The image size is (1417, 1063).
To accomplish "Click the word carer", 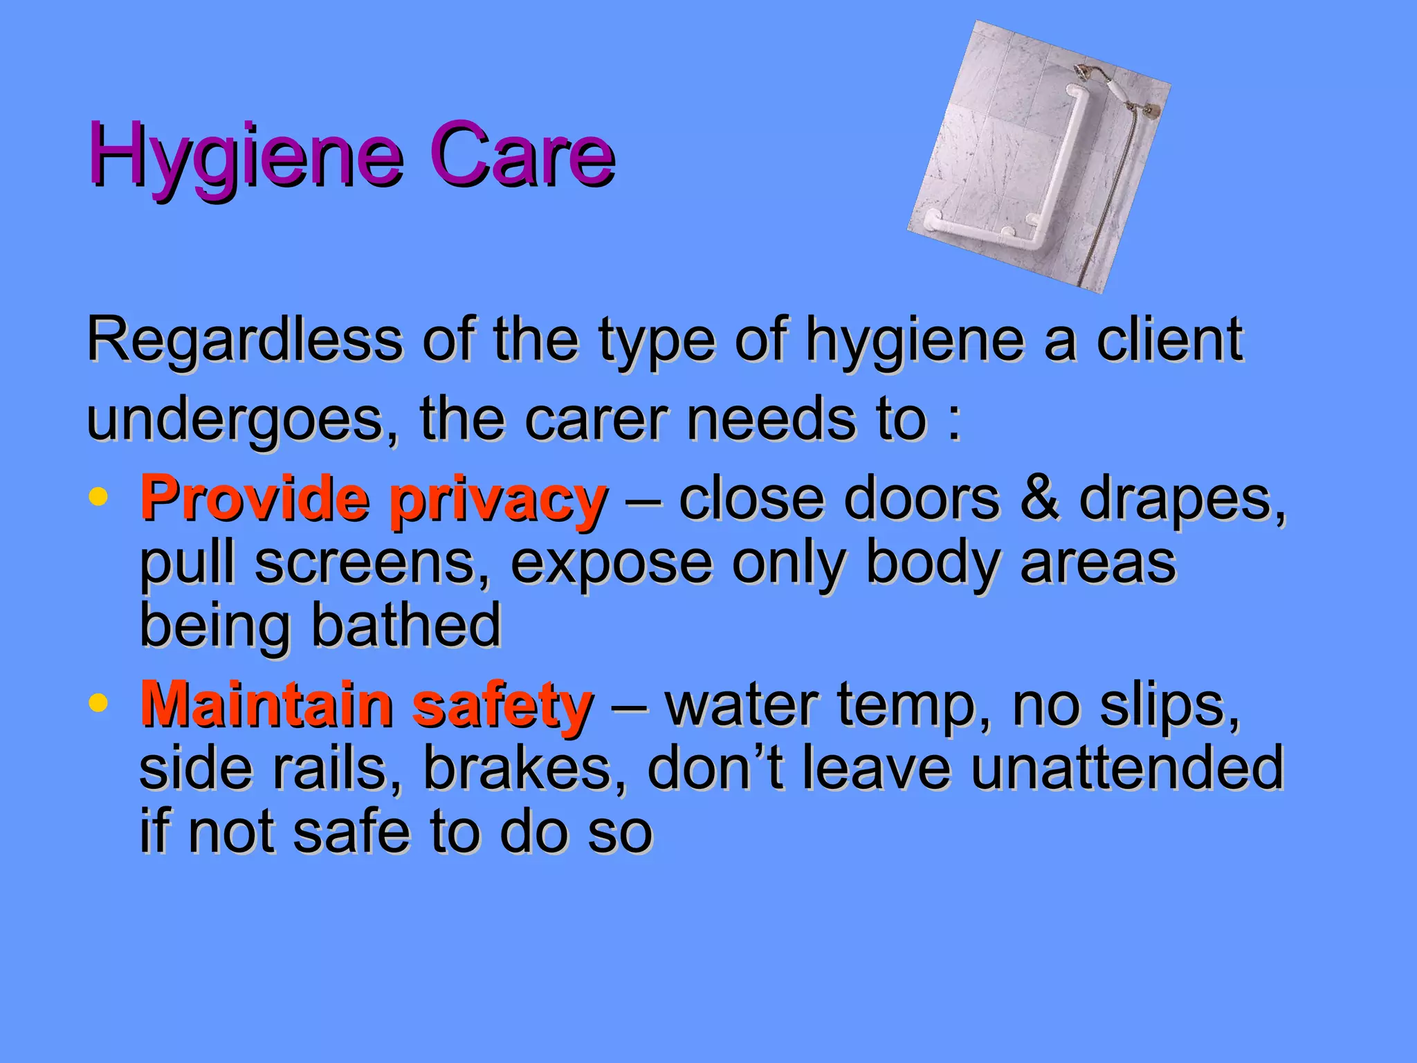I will [x=596, y=419].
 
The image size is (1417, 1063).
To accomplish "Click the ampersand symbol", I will [x=1039, y=498].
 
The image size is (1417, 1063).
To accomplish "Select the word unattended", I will [x=1127, y=768].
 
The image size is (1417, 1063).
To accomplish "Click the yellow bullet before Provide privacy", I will [x=99, y=497].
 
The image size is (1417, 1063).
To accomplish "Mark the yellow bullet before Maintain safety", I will [x=99, y=702].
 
